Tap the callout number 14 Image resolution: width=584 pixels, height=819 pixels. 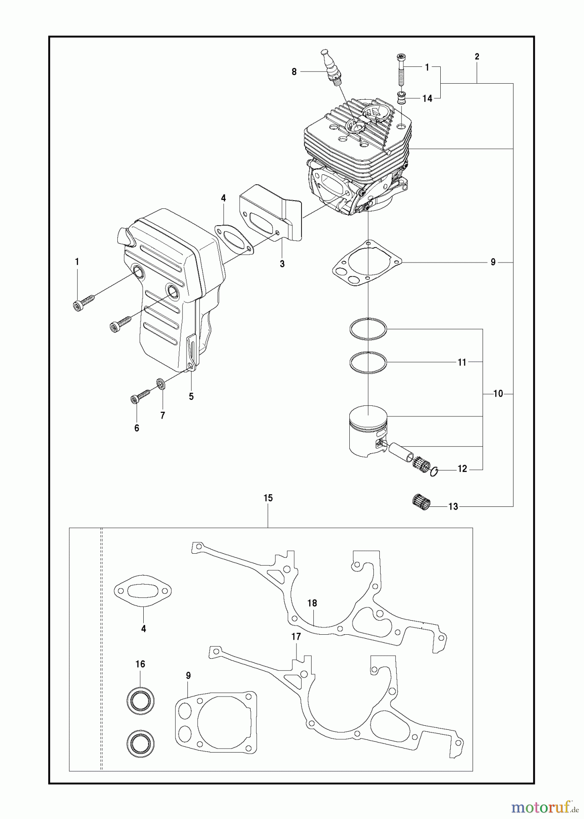coord(427,98)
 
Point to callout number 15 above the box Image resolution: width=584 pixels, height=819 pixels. coord(268,498)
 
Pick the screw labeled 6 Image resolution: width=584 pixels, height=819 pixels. coord(140,395)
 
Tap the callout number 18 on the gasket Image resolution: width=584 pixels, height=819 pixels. coord(312,603)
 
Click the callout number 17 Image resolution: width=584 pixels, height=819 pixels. coord(296,637)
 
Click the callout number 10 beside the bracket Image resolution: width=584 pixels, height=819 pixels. coord(498,394)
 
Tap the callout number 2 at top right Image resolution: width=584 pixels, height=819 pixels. coord(477,57)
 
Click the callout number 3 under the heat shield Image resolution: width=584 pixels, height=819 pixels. coord(282,264)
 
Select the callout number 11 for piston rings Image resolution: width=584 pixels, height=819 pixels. coord(462,363)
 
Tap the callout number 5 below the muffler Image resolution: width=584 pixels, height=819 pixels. coord(191,396)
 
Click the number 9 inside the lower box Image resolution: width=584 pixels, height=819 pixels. coord(188,676)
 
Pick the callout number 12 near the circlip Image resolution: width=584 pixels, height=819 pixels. coord(462,469)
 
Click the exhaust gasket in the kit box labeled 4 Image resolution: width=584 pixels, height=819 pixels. coord(142,591)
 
